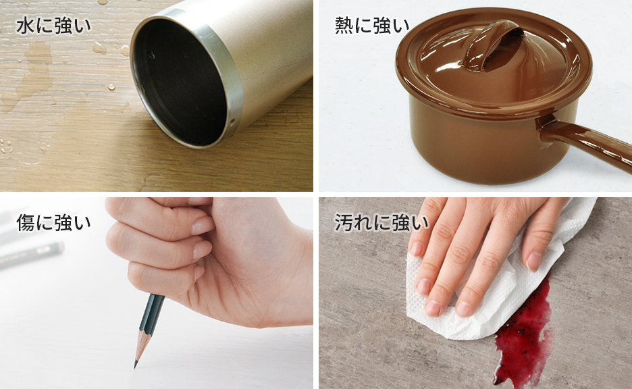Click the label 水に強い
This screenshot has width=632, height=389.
click(x=53, y=26)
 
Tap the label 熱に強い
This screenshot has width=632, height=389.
click(x=372, y=26)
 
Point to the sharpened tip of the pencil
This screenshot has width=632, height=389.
click(x=136, y=365)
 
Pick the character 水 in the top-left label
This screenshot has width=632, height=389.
click(x=24, y=26)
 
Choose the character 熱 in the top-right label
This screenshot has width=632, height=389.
click(x=344, y=26)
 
